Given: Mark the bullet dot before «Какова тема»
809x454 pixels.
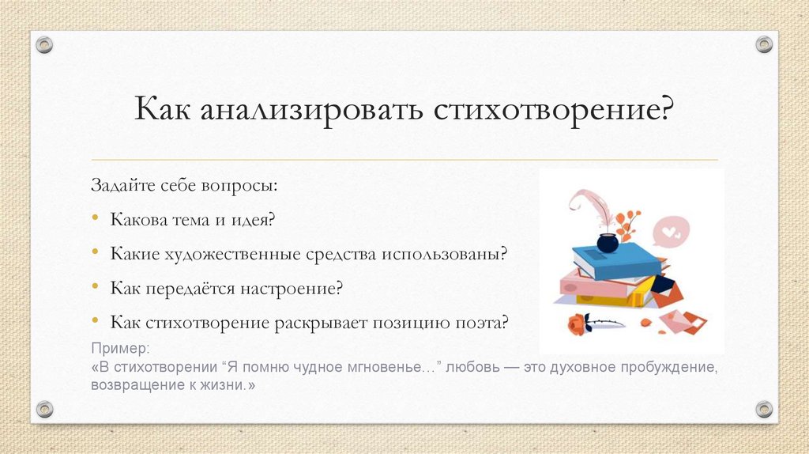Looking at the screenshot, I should tap(96, 219).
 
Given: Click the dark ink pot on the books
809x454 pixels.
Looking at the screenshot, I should tap(608, 242).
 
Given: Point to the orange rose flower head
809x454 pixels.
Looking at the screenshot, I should tap(578, 323).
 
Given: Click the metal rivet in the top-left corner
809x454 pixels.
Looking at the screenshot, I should tap(45, 45).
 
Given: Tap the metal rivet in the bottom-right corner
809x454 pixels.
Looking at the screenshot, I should tap(763, 409).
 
